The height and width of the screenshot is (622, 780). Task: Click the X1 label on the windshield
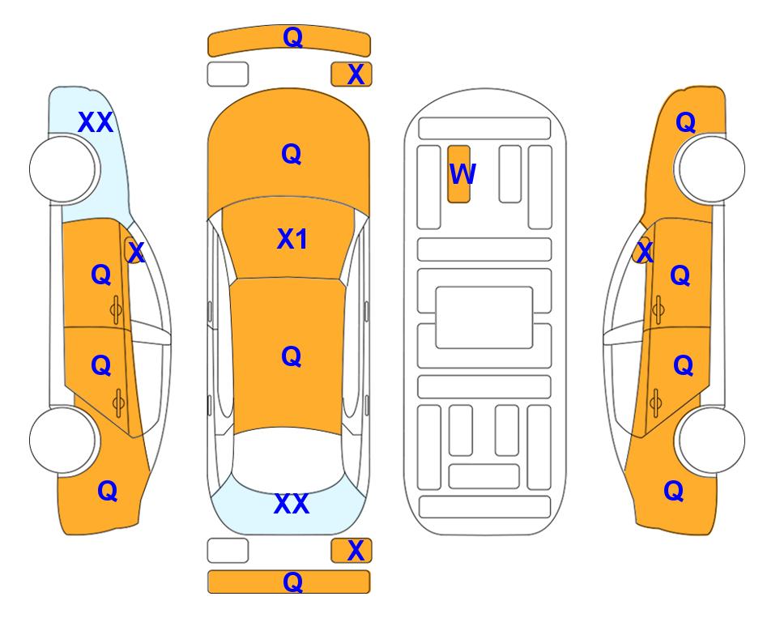point(292,239)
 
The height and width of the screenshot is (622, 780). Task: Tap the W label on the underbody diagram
point(462,173)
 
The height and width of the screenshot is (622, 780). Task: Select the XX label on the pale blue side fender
point(96,122)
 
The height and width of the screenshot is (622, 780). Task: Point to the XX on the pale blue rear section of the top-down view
point(292,504)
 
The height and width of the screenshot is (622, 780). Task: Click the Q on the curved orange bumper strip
point(292,37)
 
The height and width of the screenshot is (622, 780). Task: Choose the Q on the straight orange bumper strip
point(292,582)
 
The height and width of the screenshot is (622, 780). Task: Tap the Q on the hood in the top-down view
point(292,154)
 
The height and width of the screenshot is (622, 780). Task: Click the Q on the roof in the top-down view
point(292,356)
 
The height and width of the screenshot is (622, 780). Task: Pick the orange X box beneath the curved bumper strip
point(352,75)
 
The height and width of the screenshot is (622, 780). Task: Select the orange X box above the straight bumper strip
point(352,551)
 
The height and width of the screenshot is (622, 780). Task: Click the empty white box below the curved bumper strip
point(228,75)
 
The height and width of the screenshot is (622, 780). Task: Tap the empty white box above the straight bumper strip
point(228,551)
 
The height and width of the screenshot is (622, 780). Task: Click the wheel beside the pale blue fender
point(62,169)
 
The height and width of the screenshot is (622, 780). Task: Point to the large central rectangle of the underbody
point(484,317)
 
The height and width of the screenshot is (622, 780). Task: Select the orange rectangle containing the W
point(458,174)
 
